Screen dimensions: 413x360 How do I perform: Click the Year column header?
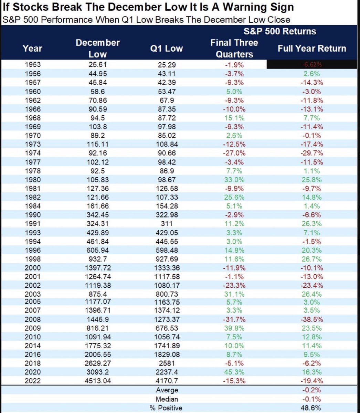(x=32, y=48)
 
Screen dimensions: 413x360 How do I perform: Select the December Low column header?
(x=98, y=48)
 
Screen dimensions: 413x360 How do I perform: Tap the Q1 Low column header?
(x=167, y=48)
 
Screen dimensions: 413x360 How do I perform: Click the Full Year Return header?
(x=312, y=48)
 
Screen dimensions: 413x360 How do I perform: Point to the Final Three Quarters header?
(x=234, y=48)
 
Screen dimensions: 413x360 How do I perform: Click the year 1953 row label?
(x=33, y=65)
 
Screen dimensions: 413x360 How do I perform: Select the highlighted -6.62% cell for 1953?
(x=312, y=65)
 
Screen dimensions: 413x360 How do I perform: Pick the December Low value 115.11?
(x=98, y=144)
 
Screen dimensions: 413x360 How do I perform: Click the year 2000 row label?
(x=33, y=268)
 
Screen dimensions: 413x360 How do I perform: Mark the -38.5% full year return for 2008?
(x=312, y=319)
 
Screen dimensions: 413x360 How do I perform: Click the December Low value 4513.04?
(x=98, y=381)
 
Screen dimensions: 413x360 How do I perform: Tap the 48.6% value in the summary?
(x=312, y=408)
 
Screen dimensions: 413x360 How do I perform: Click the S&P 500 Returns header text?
(x=280, y=32)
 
